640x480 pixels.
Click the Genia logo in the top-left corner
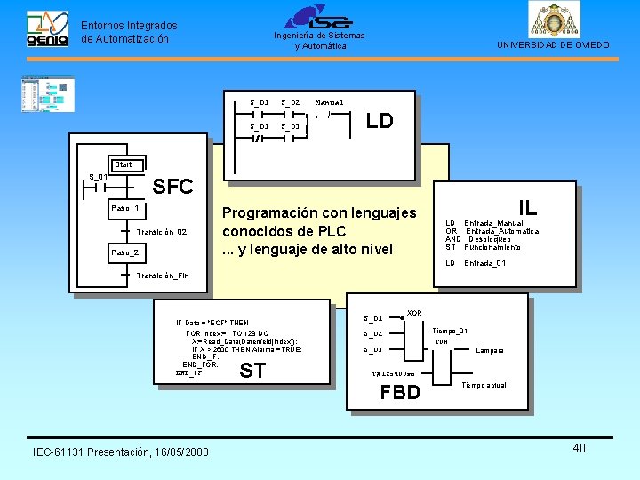(x=46, y=30)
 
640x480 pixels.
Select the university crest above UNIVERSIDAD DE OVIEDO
(x=553, y=20)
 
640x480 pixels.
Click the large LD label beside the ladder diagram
(x=380, y=121)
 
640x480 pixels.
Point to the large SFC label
(x=172, y=187)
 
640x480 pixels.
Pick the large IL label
(x=528, y=207)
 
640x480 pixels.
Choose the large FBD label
(x=400, y=392)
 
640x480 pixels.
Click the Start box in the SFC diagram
(x=124, y=164)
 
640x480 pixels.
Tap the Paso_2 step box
(x=124, y=252)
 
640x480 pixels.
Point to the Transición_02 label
(x=162, y=231)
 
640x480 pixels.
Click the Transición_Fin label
(x=163, y=276)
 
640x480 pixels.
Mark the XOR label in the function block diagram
(x=414, y=313)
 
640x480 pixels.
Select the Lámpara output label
(x=490, y=350)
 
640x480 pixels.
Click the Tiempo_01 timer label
(x=450, y=331)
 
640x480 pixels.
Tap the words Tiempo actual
(x=484, y=385)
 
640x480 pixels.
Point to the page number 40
(x=579, y=448)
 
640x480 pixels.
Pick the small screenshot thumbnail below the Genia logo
(x=48, y=93)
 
